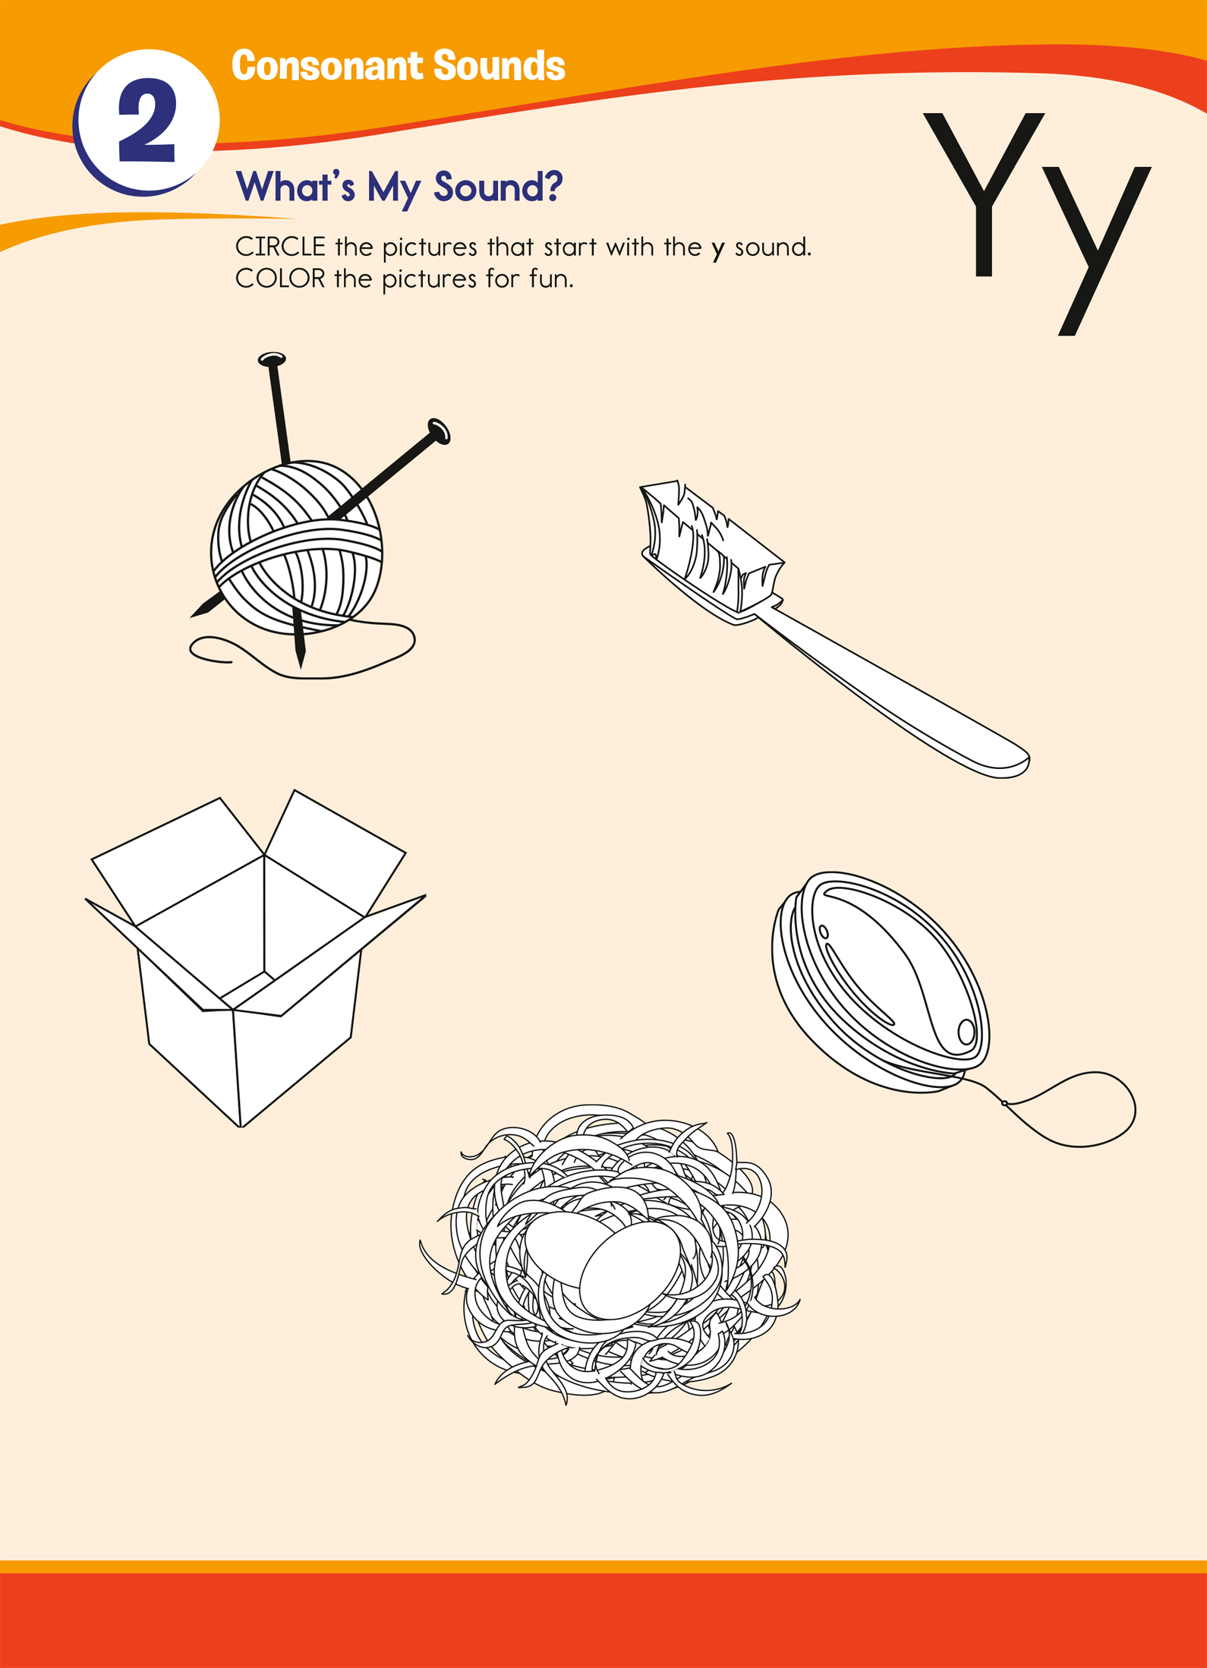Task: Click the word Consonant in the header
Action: click(329, 66)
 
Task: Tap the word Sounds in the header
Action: click(500, 66)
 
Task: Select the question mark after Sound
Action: click(552, 186)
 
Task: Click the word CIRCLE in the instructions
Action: click(280, 247)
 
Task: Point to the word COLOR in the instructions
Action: click(280, 279)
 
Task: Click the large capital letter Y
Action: click(984, 194)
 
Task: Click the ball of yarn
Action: click(297, 547)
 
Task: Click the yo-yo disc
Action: click(881, 982)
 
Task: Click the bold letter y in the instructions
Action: click(718, 251)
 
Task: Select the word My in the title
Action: click(393, 188)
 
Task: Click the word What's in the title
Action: click(295, 186)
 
